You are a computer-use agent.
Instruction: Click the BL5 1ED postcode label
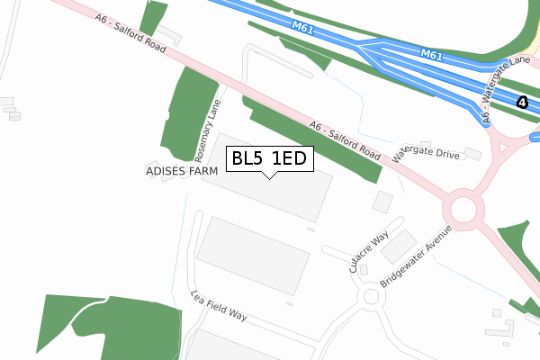click(x=269, y=159)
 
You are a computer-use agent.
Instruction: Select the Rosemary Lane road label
click(x=208, y=131)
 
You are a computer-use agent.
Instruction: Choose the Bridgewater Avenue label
click(x=415, y=256)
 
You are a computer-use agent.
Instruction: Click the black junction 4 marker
click(x=522, y=103)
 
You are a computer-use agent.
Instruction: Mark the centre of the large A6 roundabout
click(x=463, y=211)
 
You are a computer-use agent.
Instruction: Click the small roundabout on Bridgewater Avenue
click(x=370, y=296)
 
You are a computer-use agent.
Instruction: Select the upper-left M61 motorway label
click(x=302, y=28)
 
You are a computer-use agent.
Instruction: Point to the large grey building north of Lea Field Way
click(x=254, y=255)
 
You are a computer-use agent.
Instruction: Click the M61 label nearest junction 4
click(x=432, y=56)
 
